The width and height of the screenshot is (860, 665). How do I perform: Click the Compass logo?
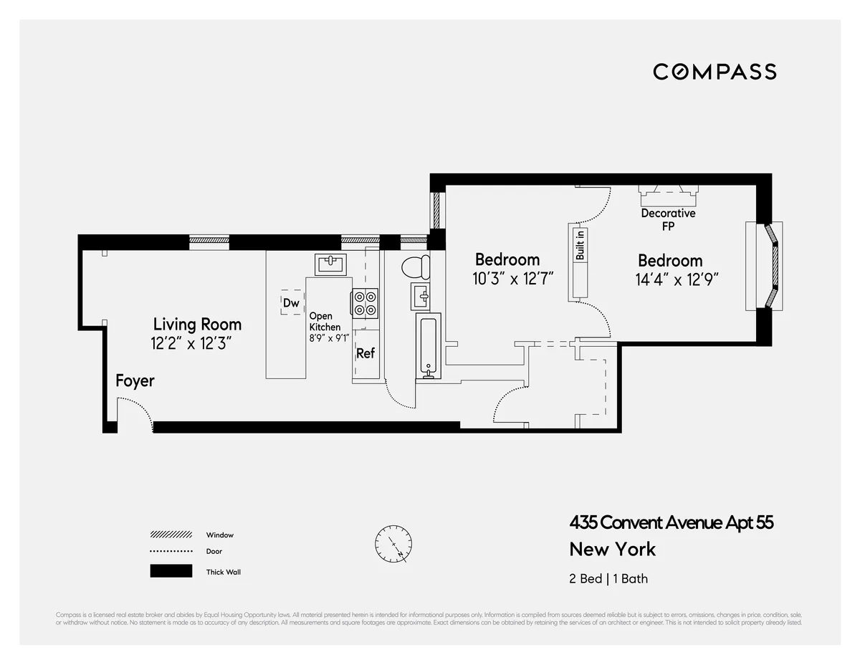[x=715, y=72]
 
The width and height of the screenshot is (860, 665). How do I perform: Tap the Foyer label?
[x=135, y=381]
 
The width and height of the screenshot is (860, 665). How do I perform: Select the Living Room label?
[x=197, y=324]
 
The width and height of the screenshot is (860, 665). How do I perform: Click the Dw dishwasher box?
[x=291, y=303]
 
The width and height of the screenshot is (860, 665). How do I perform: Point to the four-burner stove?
[x=365, y=302]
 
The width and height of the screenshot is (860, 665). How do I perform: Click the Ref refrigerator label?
[x=365, y=353]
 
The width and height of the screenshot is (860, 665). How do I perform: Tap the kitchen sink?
[x=330, y=264]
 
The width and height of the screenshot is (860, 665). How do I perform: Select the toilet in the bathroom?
[x=415, y=267]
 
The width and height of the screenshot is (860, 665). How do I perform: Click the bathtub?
[x=428, y=348]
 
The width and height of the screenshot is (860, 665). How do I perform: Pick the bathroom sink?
[x=421, y=295]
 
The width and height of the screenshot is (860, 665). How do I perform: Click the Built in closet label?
[x=580, y=244]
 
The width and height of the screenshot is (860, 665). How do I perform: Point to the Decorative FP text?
[x=668, y=219]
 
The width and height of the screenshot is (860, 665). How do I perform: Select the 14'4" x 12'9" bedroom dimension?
[x=677, y=279]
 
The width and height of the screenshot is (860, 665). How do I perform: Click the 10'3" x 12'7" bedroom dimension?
[x=513, y=278]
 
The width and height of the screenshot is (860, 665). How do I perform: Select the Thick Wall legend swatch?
[x=171, y=571]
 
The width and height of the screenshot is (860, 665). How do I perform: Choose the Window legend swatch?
[x=171, y=535]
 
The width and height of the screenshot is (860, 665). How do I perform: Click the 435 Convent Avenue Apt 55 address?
[x=672, y=522]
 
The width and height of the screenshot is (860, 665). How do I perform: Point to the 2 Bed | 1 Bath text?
[x=608, y=578]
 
